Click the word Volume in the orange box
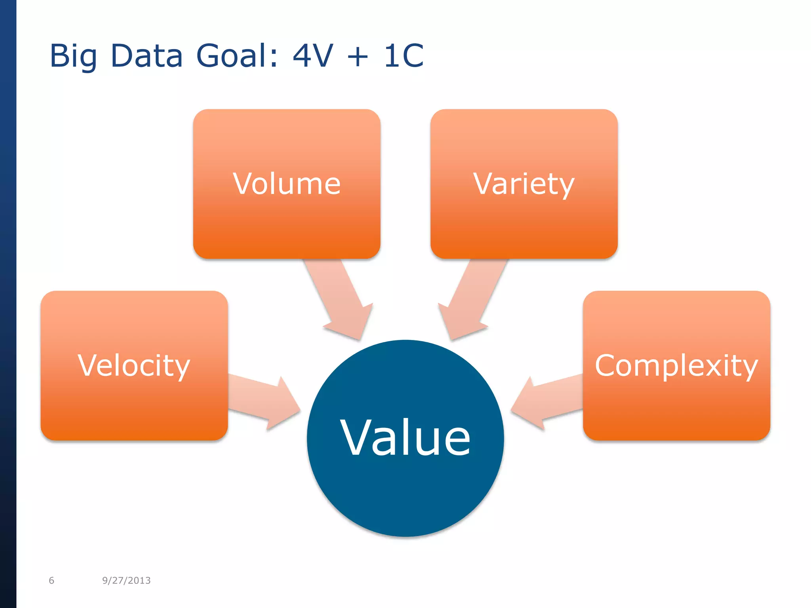(287, 184)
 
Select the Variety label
(524, 184)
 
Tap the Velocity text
(134, 366)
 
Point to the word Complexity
(676, 366)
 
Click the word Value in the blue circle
(405, 438)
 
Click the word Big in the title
(73, 56)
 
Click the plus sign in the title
(358, 56)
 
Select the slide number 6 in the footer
(51, 580)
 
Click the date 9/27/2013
(126, 580)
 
